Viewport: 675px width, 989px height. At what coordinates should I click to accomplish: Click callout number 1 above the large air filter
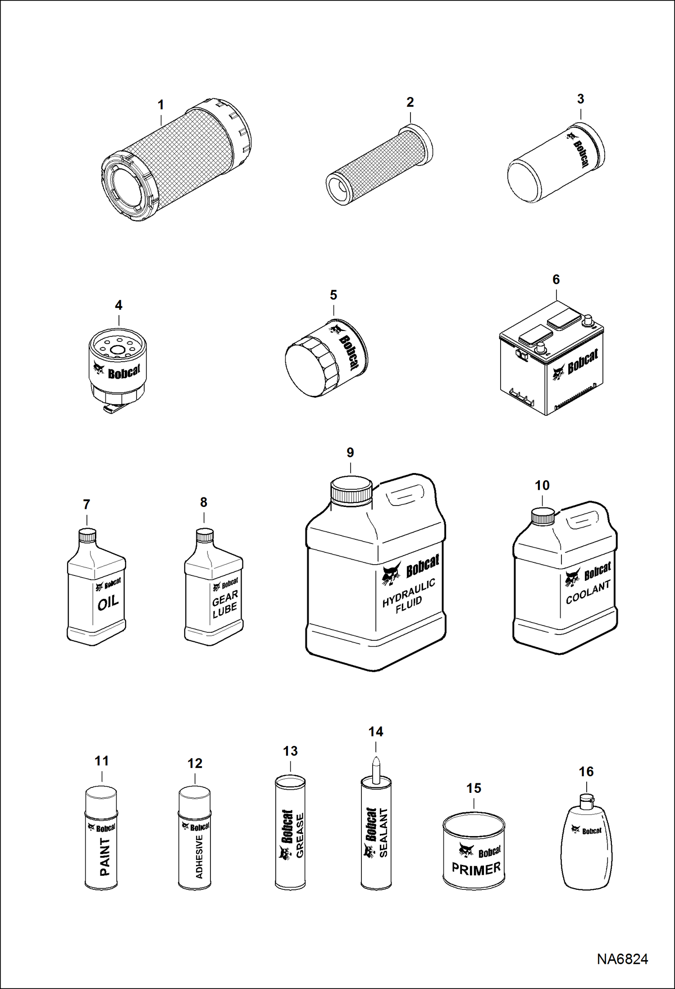(160, 105)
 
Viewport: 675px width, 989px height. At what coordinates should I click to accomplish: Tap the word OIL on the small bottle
(108, 603)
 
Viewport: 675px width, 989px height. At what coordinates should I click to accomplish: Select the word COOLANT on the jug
(588, 592)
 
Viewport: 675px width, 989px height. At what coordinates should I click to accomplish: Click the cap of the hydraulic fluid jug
(351, 491)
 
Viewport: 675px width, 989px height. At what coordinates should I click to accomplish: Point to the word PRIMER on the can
(476, 868)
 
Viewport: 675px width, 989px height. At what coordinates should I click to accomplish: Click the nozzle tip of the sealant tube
(376, 759)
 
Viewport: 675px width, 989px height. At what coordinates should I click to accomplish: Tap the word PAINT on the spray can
(105, 856)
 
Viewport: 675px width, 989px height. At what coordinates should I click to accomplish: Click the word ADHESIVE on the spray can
(199, 856)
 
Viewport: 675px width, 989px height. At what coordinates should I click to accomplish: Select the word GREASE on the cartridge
(300, 835)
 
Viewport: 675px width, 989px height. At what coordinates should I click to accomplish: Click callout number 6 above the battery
(556, 280)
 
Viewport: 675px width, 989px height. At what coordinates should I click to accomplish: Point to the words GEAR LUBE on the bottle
(225, 604)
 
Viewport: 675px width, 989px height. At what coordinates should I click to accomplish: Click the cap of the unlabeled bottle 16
(586, 800)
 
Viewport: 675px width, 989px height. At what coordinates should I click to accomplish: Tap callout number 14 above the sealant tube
(376, 731)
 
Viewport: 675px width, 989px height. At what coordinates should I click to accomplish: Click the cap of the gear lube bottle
(205, 535)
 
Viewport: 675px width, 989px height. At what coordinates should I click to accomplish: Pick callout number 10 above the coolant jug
(542, 485)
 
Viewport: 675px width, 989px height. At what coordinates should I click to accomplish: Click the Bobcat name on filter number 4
(124, 372)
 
